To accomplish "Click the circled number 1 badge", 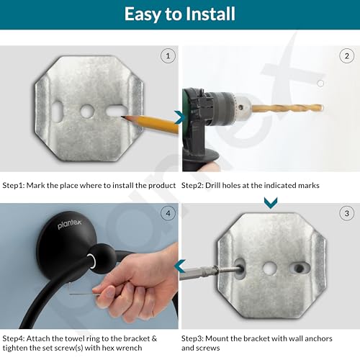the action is click(x=168, y=56).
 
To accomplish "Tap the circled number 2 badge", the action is click(x=346, y=56).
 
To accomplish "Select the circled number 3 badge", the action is click(x=346, y=213).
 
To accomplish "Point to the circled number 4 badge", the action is click(x=168, y=213).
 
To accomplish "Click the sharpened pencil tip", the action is click(x=122, y=117).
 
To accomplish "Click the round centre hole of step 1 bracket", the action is click(x=87, y=111).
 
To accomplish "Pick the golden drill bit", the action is click(x=287, y=108).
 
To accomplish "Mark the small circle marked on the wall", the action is click(x=320, y=84).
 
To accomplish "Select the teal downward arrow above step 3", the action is click(x=271, y=203).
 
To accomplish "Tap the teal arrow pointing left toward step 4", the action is click(x=180, y=266).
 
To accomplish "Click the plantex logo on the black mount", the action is click(x=70, y=224).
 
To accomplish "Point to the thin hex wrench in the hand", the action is click(x=84, y=294).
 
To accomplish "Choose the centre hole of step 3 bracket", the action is click(x=269, y=268).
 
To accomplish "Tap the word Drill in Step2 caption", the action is click(x=212, y=185).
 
